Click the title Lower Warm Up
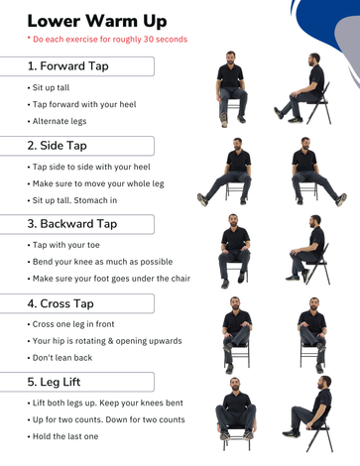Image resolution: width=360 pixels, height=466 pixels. click(x=97, y=21)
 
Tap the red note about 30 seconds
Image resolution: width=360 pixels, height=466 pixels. click(x=107, y=40)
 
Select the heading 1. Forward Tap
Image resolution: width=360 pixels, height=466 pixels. click(x=67, y=66)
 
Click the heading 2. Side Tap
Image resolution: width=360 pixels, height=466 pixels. click(x=57, y=146)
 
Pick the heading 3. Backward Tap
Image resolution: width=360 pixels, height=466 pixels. click(x=72, y=224)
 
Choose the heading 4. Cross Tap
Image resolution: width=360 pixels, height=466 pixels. click(x=60, y=303)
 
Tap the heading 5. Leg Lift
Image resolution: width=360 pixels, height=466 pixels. click(x=54, y=382)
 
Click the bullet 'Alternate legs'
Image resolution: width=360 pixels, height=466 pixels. click(x=57, y=121)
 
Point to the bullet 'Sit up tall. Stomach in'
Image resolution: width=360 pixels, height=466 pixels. click(x=72, y=200)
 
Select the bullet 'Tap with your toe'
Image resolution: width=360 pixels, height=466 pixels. click(x=63, y=245)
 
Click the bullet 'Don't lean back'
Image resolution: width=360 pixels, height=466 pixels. click(x=60, y=358)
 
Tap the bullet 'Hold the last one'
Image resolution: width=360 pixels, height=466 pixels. click(x=62, y=436)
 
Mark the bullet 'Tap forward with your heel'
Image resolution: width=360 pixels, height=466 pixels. click(x=81, y=104)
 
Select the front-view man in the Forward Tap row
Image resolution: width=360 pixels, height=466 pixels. click(x=231, y=89)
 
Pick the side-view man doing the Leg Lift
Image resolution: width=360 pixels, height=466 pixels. click(x=307, y=413)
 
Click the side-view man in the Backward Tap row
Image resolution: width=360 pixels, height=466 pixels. click(x=308, y=250)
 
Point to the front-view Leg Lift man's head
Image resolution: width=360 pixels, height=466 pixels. click(x=235, y=385)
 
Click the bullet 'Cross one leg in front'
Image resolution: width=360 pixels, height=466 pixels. click(x=70, y=324)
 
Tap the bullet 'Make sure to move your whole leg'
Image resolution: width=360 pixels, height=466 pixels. click(x=95, y=183)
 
